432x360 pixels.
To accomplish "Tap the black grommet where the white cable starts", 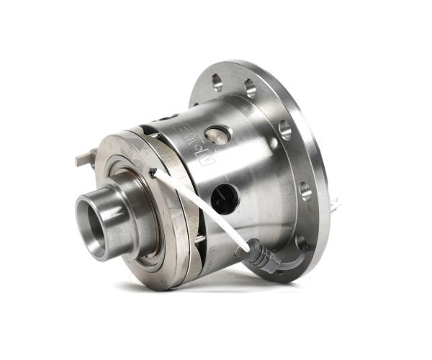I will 153,172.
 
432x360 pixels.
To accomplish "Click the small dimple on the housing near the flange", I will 273,143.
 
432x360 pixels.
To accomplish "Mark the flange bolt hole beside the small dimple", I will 285,130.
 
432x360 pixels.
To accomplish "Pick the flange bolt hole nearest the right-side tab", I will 305,191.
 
